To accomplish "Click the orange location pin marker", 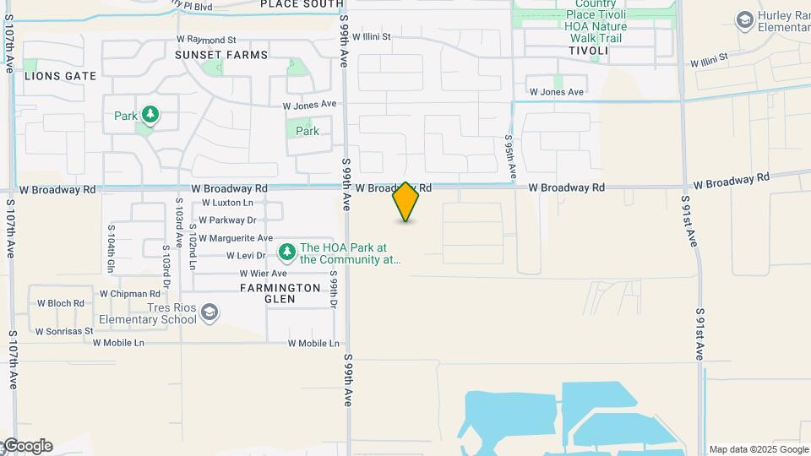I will click(x=405, y=202).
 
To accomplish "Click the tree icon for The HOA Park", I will click(x=287, y=252).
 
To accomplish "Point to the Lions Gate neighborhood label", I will click(x=60, y=76).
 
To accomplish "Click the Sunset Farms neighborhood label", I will click(x=221, y=55).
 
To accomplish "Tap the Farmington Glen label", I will click(x=280, y=293).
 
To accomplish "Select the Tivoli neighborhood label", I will click(x=588, y=51).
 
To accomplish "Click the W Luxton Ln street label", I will click(x=227, y=204).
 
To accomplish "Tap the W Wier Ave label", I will click(x=263, y=274).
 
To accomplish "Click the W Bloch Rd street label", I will click(x=60, y=303).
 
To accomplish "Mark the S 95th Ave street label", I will click(x=509, y=155).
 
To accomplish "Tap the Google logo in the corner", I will click(x=28, y=446).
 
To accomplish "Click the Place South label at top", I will click(x=302, y=4).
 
